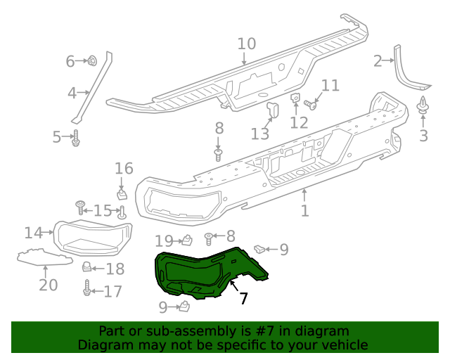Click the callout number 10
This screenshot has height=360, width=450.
pos(246,44)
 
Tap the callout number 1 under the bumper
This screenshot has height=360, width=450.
pos(304,211)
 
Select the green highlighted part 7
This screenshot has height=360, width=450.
pos(204,274)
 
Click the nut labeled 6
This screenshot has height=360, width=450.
pos(93,61)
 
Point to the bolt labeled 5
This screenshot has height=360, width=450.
pos(76,138)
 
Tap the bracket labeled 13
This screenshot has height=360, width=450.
pos(273,110)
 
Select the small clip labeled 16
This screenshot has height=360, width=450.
pos(122,192)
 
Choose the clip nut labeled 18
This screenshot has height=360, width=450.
pos(88,267)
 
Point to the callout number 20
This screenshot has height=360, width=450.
pos(48,285)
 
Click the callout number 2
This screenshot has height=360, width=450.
pos(378,61)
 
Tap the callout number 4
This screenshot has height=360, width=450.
pos(72,93)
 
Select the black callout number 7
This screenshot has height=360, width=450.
pos(243,298)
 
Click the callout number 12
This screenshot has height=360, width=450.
pos(299,123)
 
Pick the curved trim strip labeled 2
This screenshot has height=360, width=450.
pos(408,70)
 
